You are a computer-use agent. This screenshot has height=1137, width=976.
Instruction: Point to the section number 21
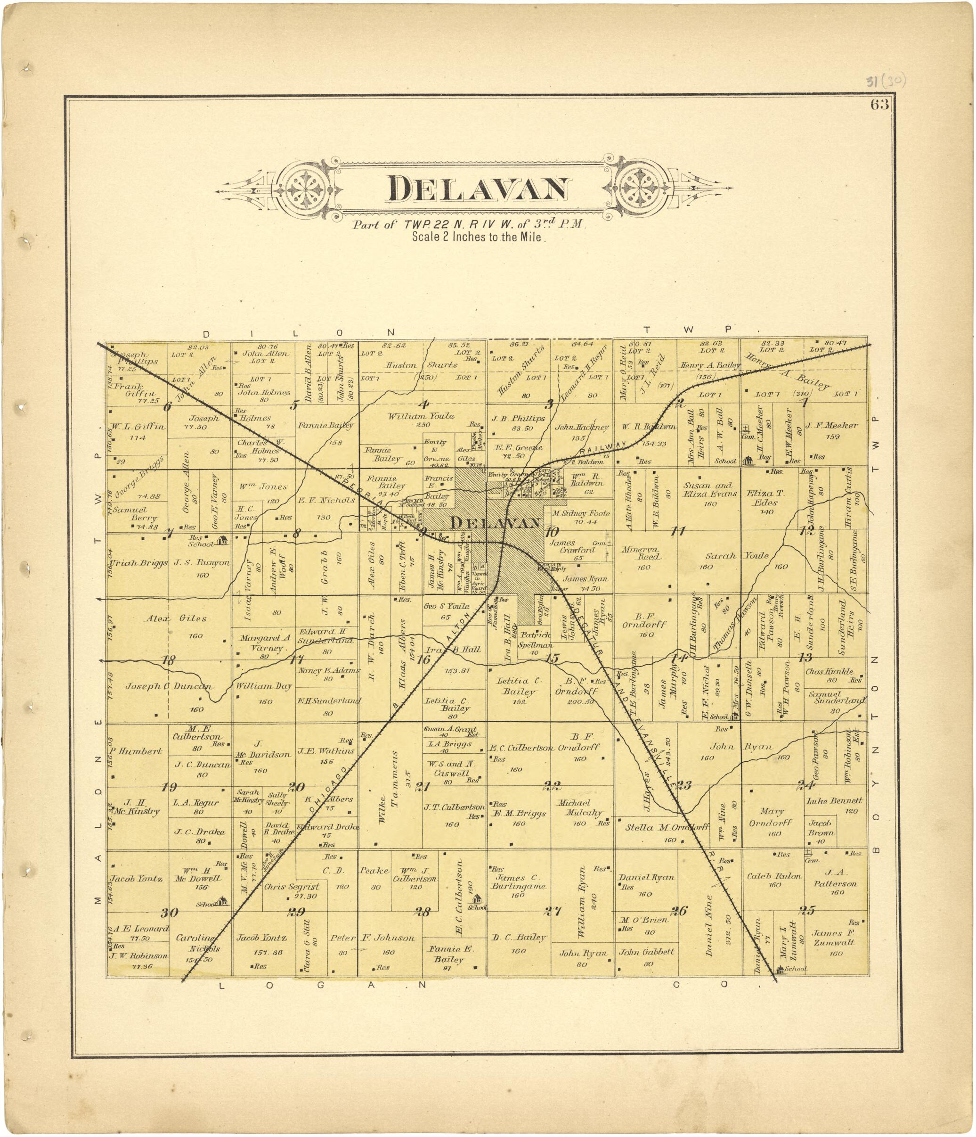coord(422,787)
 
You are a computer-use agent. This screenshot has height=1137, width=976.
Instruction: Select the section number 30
coord(170,913)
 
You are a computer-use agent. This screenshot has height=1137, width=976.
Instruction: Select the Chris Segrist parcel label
coord(291,886)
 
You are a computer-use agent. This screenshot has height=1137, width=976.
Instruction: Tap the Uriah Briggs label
coord(138,563)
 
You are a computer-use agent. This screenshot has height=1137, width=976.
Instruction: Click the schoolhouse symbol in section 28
coord(477,899)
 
